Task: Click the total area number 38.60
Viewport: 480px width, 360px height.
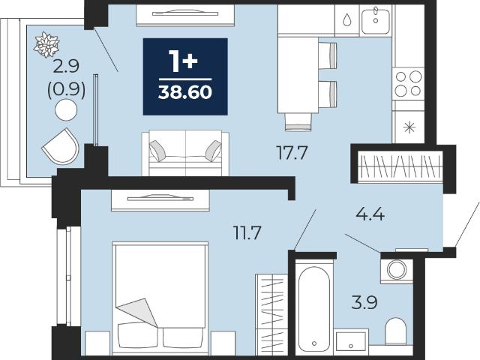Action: pyautogui.click(x=185, y=91)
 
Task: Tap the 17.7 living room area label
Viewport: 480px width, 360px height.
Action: pyautogui.click(x=292, y=153)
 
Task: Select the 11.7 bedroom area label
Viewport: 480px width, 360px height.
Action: pyautogui.click(x=247, y=232)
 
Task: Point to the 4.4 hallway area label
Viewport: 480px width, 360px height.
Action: pyautogui.click(x=370, y=214)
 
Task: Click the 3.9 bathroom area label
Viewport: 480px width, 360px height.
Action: pyautogui.click(x=364, y=302)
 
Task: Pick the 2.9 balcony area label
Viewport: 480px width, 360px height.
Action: pyautogui.click(x=66, y=67)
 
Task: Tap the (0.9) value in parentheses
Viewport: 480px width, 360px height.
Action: pyautogui.click(x=66, y=89)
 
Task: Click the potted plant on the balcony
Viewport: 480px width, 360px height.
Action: pyautogui.click(x=46, y=45)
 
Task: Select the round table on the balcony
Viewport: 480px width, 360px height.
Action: pyautogui.click(x=66, y=110)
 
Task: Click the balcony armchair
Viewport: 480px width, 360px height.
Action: pyautogui.click(x=61, y=146)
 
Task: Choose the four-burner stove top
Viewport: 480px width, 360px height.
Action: pyautogui.click(x=408, y=83)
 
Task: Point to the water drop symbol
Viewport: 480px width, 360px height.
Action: pyautogui.click(x=346, y=19)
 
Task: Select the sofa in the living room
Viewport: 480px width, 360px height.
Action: pyautogui.click(x=185, y=153)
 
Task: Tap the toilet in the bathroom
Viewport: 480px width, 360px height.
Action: pyautogui.click(x=395, y=331)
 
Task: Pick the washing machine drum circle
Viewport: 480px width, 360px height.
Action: pyautogui.click(x=397, y=270)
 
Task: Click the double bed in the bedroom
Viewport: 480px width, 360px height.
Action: pyautogui.click(x=160, y=298)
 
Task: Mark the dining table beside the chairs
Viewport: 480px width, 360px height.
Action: pyautogui.click(x=298, y=75)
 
